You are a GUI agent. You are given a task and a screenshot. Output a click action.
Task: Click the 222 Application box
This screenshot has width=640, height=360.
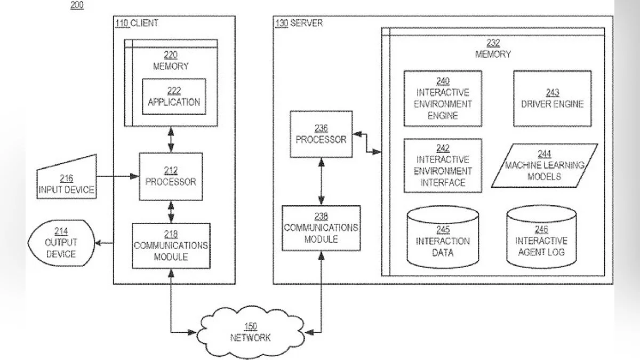point(173,97)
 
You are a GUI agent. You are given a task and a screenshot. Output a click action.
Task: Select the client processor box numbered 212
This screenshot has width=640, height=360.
point(171,176)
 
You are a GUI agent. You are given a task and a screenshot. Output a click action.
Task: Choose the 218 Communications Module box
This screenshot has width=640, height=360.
point(171,245)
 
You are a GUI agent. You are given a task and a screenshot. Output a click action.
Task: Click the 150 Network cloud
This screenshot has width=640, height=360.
point(250,332)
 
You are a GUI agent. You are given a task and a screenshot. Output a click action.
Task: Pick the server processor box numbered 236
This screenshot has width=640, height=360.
point(321,134)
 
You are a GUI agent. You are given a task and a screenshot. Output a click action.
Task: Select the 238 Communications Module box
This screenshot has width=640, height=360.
point(321,228)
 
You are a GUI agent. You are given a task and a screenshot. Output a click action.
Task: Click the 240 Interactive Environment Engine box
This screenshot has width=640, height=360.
point(443,98)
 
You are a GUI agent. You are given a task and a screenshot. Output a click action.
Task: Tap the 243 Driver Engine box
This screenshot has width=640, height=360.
point(552,98)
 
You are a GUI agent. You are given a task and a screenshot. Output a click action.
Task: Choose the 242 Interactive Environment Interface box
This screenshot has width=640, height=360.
point(443,165)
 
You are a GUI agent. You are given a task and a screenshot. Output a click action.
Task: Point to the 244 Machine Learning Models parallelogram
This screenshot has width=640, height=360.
point(544,165)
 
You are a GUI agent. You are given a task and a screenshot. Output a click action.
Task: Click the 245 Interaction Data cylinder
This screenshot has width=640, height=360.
point(443,238)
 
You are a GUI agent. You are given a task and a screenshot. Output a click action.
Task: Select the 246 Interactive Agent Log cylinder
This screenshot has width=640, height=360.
point(541,238)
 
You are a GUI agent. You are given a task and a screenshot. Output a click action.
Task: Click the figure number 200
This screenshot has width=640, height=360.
point(77,6)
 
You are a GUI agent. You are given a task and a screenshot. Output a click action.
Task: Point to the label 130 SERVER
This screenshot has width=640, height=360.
point(299,23)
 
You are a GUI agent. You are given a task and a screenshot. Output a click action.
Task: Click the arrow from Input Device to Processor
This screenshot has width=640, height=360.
point(117,176)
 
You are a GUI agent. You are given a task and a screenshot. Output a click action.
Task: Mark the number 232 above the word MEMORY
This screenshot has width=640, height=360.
point(493,43)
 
